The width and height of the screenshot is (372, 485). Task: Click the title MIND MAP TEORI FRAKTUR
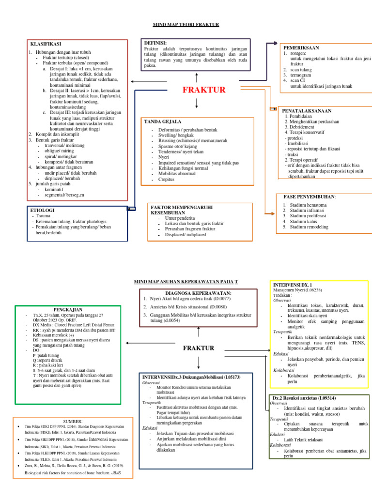[x=186, y=24]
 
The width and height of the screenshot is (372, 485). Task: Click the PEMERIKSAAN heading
[x=301, y=48]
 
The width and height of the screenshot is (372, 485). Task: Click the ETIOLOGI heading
[x=42, y=211]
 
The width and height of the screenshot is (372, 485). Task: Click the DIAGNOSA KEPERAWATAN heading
[x=199, y=293]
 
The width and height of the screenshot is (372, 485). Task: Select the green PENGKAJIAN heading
[x=67, y=309]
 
